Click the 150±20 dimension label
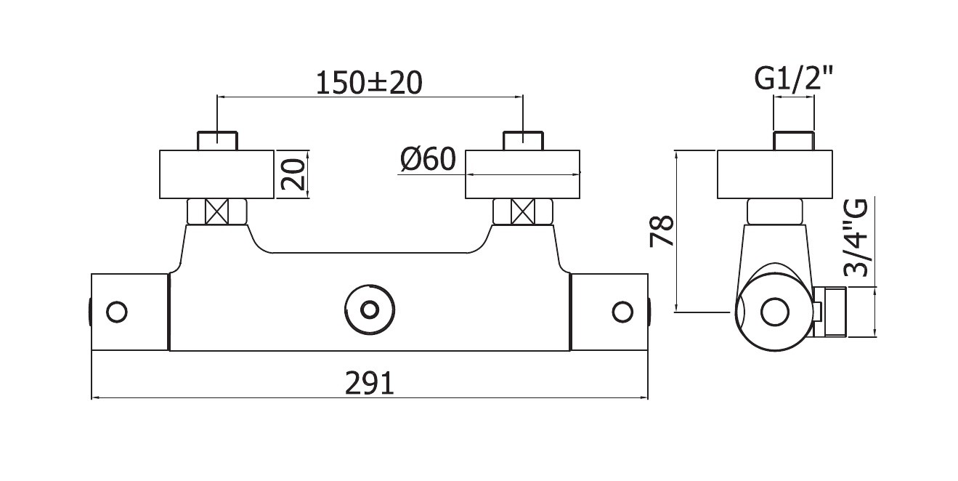369,83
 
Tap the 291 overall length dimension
369,384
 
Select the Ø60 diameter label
429,159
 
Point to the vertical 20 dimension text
293,174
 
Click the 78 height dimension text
662,232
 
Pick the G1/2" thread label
794,79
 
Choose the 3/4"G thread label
856,238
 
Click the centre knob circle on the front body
370,310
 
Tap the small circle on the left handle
117,312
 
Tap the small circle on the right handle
622,312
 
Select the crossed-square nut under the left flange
217,211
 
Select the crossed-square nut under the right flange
523,211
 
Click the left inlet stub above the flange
217,141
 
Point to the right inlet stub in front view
523,141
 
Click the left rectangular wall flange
217,174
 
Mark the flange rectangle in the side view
774,174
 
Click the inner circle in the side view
775,312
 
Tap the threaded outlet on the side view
829,312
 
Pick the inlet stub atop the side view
794,141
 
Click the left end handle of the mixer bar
129,312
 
